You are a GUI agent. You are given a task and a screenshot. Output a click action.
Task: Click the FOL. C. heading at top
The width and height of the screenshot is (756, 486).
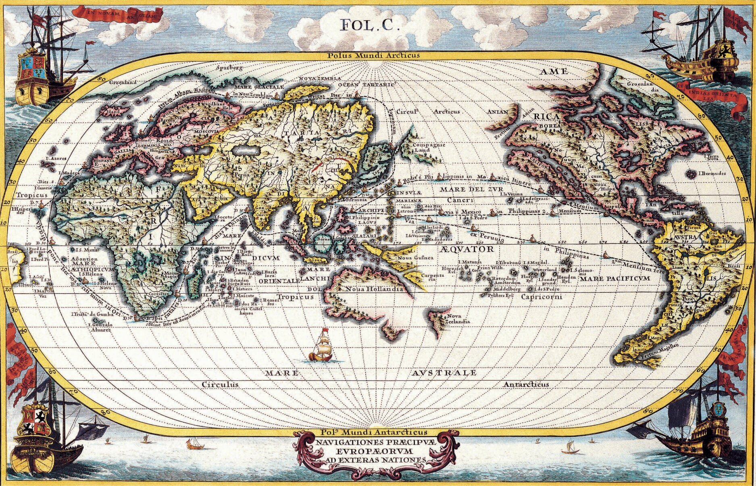[370, 25]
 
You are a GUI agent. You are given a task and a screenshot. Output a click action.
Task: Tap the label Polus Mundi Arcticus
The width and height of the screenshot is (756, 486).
[377, 56]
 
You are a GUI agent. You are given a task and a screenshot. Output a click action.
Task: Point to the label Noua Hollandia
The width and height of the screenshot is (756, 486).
[375, 289]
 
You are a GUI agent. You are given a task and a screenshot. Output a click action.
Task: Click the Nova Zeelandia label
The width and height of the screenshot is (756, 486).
[457, 319]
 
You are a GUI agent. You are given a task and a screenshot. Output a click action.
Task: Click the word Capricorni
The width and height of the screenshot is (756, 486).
[541, 297]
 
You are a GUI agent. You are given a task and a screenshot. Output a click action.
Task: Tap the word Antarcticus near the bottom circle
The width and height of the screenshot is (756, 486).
[526, 384]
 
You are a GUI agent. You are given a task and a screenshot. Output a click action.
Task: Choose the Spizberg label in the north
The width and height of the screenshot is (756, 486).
[230, 68]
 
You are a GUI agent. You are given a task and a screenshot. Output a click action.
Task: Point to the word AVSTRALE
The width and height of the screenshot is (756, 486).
[444, 373]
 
